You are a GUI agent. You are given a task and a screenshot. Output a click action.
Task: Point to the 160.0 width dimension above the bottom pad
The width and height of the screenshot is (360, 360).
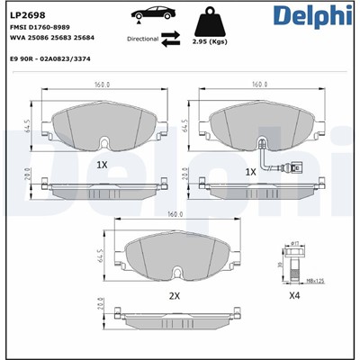click(175, 215)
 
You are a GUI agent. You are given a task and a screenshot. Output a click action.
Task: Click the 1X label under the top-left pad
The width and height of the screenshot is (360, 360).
click(101, 165)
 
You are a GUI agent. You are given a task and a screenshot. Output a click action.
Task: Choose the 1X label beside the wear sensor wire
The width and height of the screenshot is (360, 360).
click(251, 171)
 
